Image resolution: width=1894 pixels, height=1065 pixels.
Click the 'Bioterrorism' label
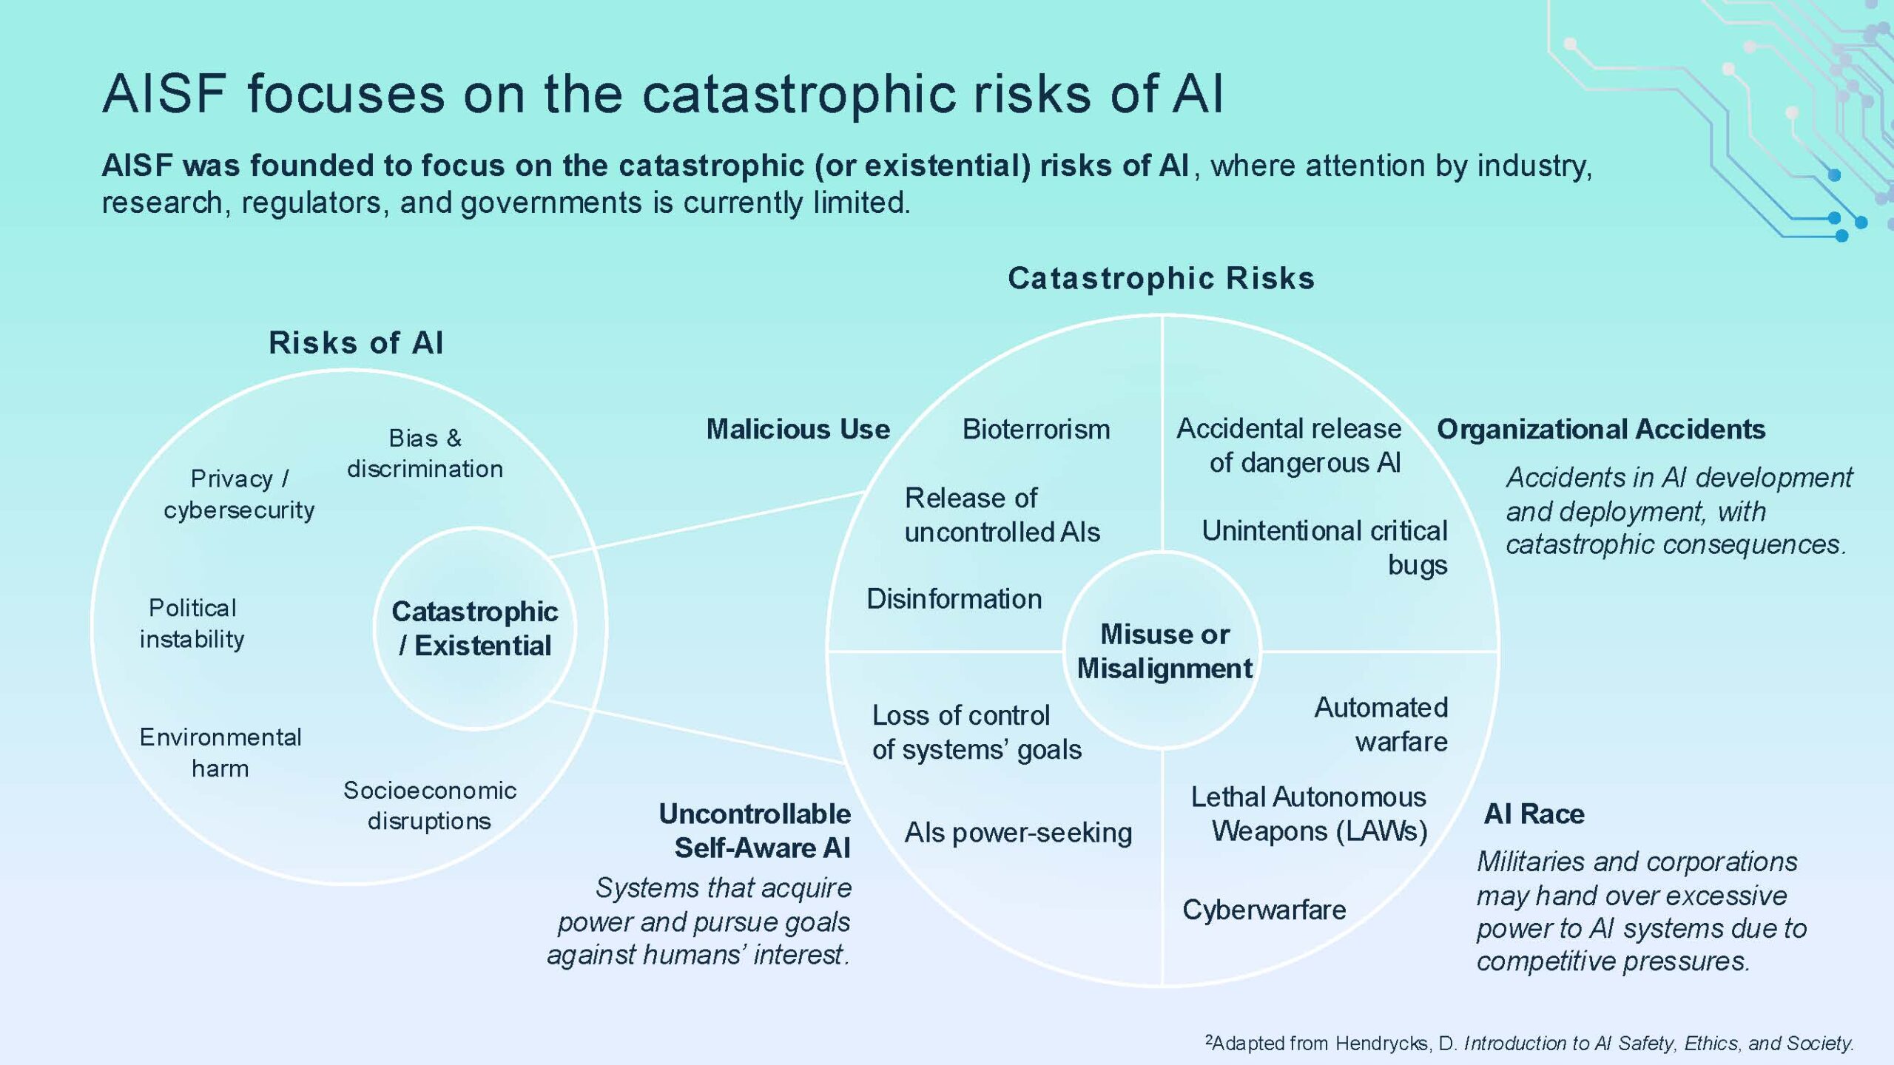point(1036,429)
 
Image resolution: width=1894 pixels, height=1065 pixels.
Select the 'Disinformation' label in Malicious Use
point(954,598)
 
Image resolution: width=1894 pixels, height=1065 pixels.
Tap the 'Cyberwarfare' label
point(1264,910)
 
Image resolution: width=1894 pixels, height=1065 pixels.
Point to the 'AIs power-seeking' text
point(1018,833)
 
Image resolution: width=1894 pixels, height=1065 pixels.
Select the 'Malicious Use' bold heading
point(798,429)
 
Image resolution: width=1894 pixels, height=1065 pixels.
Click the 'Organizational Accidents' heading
point(1601,429)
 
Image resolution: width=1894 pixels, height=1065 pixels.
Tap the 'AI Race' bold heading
point(1534,814)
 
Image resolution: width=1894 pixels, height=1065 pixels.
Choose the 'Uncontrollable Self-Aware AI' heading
point(755,831)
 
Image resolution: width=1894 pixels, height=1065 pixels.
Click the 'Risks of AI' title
point(356,342)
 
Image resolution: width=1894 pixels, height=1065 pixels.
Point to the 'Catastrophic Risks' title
point(1162,278)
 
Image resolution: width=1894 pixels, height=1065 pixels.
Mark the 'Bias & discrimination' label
point(425,453)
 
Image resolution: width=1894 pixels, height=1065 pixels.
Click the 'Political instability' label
point(192,623)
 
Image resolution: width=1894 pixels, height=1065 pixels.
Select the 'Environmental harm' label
point(220,752)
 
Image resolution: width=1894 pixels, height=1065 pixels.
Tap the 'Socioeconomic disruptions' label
point(429,805)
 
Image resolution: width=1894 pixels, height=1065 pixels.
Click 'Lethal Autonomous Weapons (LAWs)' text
point(1308,814)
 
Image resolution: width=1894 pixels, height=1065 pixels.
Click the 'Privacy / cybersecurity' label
point(239,494)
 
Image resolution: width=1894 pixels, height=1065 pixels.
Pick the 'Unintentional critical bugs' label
point(1324,547)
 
